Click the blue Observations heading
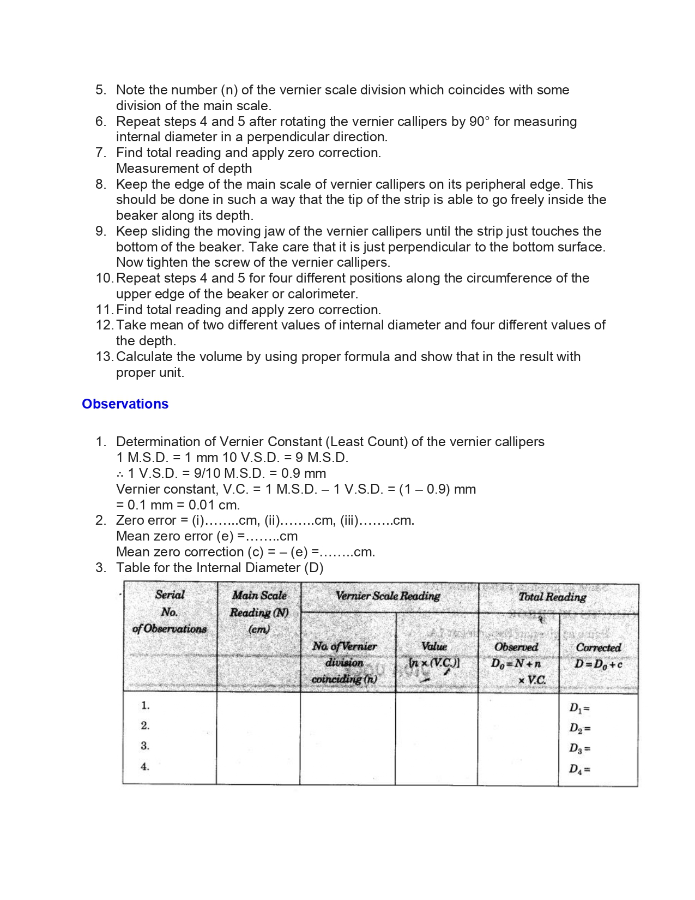[x=125, y=404]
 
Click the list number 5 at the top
[x=100, y=90]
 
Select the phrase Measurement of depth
[x=184, y=169]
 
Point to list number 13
[x=104, y=357]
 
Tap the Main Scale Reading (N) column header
[x=259, y=612]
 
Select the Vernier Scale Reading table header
[x=388, y=596]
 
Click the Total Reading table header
[x=552, y=597]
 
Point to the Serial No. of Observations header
[x=170, y=611]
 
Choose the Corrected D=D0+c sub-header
[x=599, y=656]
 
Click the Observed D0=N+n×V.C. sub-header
[x=517, y=663]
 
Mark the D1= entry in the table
[x=579, y=708]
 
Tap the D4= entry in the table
[x=579, y=769]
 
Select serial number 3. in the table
[x=145, y=746]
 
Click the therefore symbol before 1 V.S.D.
[x=120, y=473]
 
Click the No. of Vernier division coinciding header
[x=345, y=662]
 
